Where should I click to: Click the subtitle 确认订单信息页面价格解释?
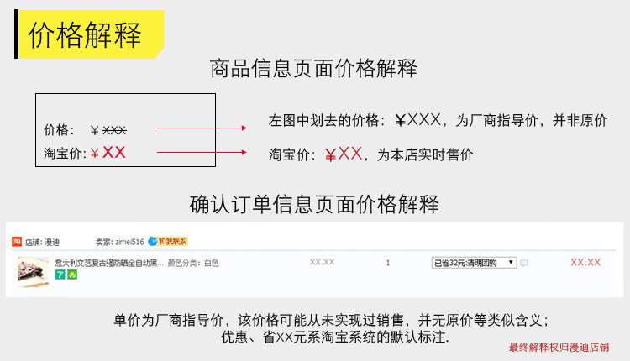(314, 204)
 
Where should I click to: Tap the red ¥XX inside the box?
(108, 153)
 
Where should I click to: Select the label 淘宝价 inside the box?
(64, 154)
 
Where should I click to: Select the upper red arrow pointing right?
(202, 128)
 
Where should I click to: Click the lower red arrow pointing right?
(202, 153)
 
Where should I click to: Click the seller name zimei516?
(129, 242)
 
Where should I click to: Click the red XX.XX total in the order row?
(585, 263)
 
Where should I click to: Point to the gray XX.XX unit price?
(322, 262)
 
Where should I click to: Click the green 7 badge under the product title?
(59, 275)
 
